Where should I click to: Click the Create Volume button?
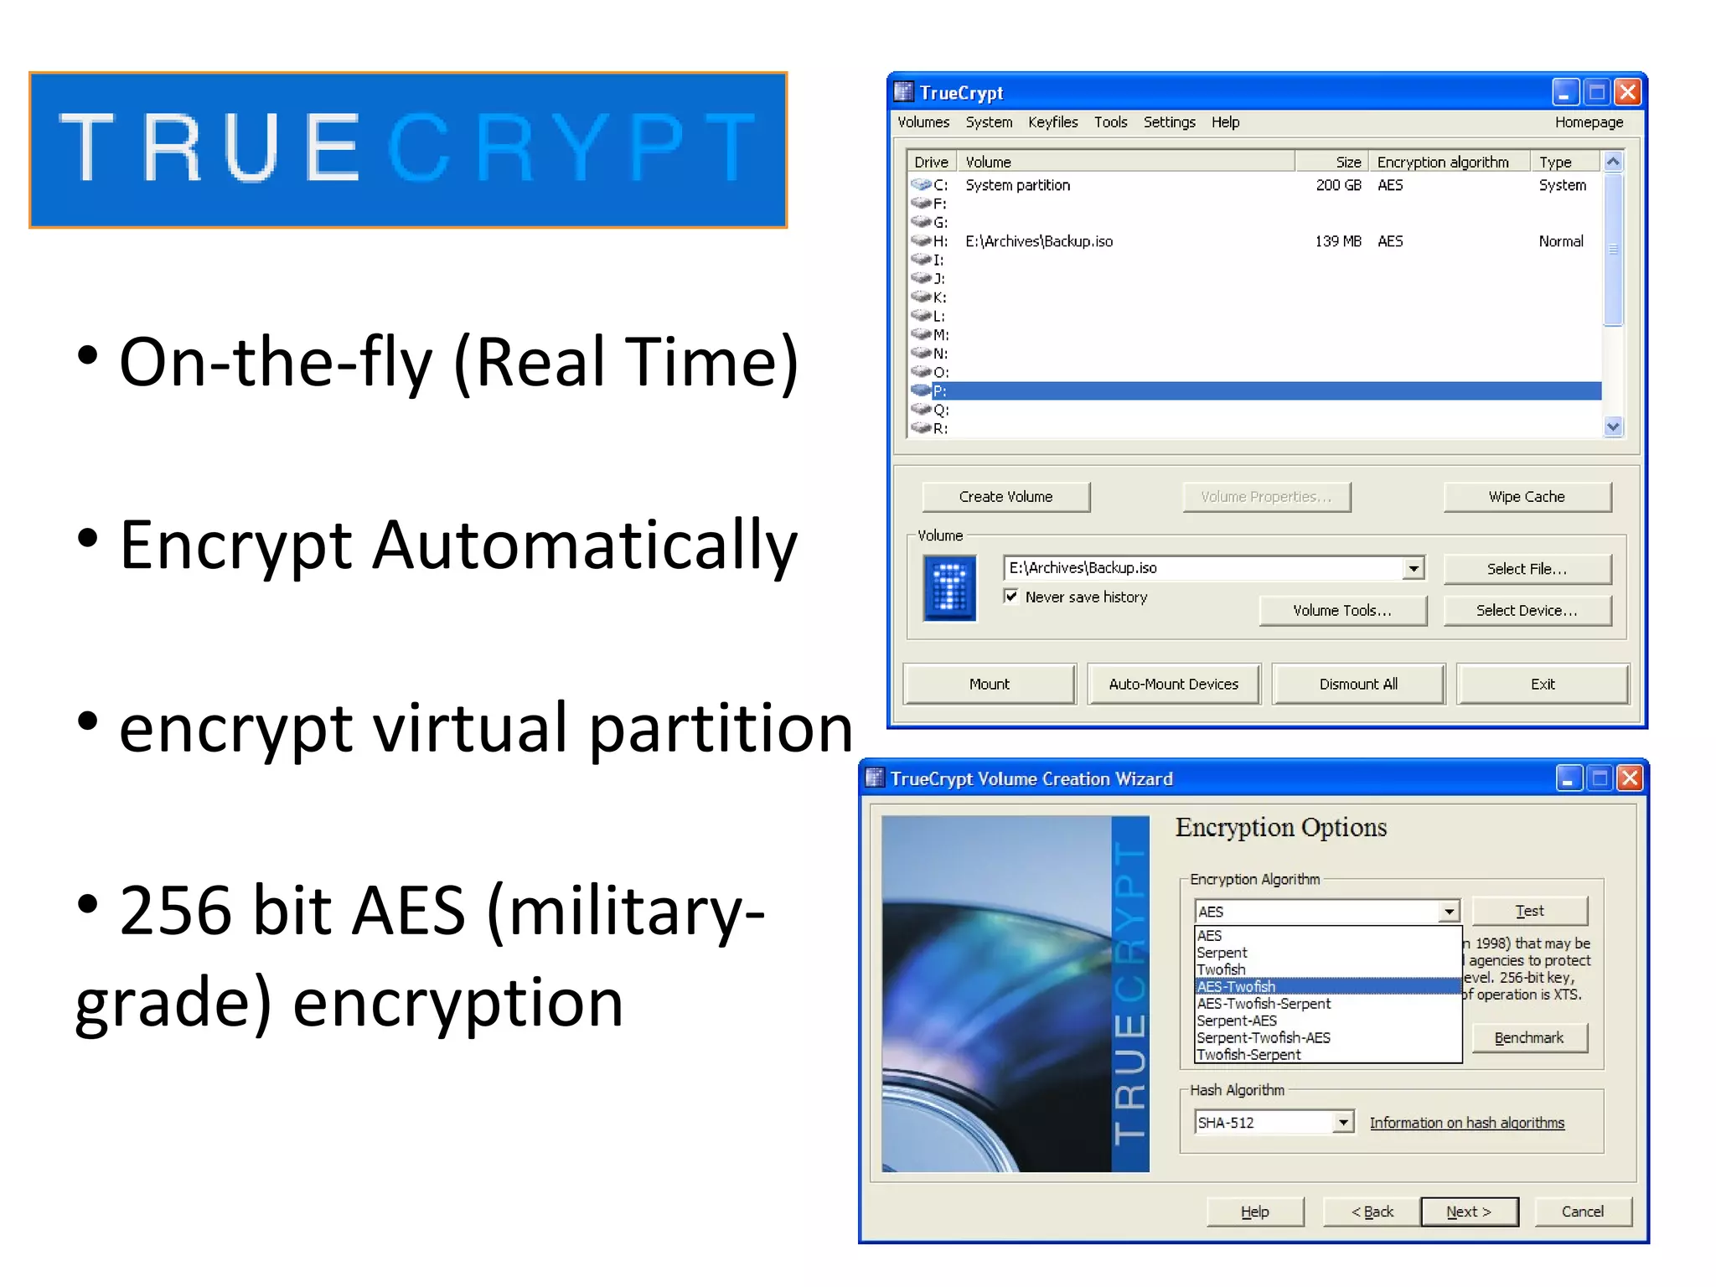(1005, 497)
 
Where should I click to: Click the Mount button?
(989, 684)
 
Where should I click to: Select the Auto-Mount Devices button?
(1173, 684)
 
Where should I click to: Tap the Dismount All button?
(1358, 684)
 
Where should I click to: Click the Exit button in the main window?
(1543, 684)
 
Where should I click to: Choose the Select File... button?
(1527, 569)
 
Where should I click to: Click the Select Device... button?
(1527, 611)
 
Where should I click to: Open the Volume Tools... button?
(1342, 611)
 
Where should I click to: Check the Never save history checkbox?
(1011, 597)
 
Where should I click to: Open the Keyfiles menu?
(1052, 122)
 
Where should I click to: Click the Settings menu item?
(1169, 122)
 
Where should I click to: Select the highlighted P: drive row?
(1257, 391)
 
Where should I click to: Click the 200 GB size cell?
(1338, 185)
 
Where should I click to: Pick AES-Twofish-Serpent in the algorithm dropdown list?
(1264, 1004)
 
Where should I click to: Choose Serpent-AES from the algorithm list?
(1237, 1021)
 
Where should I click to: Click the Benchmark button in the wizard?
(1528, 1038)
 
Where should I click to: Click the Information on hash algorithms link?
(1466, 1123)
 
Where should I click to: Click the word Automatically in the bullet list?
(584, 546)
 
